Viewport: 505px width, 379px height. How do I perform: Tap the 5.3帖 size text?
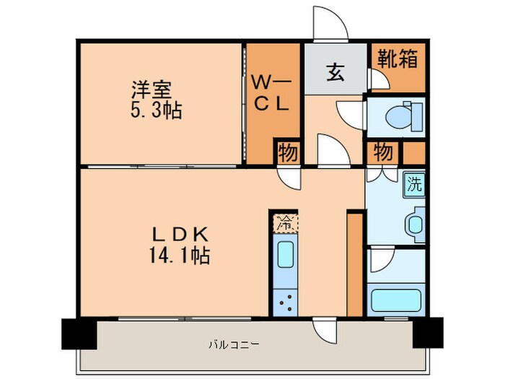point(155,112)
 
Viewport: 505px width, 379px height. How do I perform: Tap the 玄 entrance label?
point(335,74)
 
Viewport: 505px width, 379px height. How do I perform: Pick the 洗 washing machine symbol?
point(413,184)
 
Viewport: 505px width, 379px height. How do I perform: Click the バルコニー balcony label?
point(237,344)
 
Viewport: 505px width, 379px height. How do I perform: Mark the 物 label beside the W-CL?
point(286,152)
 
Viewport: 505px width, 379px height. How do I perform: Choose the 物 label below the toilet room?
point(383,152)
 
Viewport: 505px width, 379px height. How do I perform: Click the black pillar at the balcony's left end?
point(78,333)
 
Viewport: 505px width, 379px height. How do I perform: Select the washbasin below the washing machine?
point(414,222)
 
